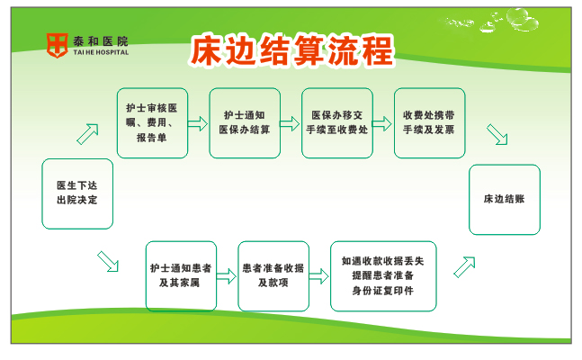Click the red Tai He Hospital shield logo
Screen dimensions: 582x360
(x=57, y=45)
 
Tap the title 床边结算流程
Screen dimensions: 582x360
(x=291, y=50)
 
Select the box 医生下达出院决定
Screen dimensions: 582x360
(x=77, y=193)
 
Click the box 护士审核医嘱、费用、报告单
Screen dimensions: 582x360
(x=152, y=123)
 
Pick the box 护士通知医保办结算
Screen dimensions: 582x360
(x=245, y=123)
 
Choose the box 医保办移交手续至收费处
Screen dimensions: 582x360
(x=337, y=123)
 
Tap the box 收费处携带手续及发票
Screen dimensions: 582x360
(x=429, y=123)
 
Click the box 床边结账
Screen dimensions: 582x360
(x=505, y=200)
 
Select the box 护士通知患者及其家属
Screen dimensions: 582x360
(x=181, y=276)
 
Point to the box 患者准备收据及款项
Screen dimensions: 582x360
(x=273, y=276)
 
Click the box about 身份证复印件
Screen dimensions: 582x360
(x=383, y=276)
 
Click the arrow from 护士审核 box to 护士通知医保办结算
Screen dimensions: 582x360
(x=198, y=123)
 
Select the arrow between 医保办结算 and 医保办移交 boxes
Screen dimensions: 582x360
(x=290, y=123)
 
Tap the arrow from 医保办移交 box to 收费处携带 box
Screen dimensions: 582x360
(x=382, y=123)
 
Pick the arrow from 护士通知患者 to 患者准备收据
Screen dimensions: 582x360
(x=227, y=276)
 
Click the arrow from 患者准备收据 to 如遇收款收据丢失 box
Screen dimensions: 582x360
(x=318, y=276)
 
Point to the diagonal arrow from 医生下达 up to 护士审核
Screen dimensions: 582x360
(x=88, y=134)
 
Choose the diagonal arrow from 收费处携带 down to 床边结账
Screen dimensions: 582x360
(x=497, y=134)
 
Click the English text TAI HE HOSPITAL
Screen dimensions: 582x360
(x=101, y=52)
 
